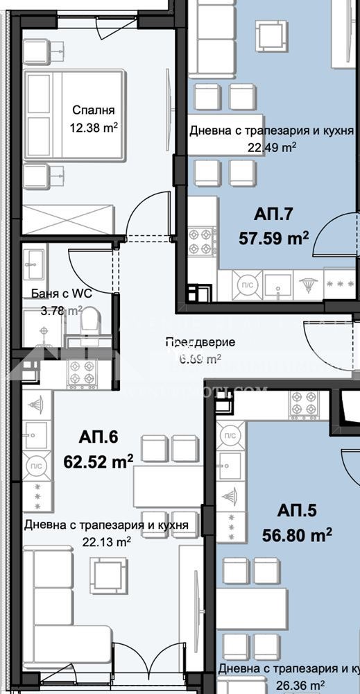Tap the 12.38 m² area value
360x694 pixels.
(93, 127)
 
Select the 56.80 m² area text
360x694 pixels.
(297, 534)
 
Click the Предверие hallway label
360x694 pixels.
(200, 342)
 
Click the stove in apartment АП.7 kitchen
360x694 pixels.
(203, 240)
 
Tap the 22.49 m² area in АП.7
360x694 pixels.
(272, 146)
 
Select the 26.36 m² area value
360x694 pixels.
(289, 685)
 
